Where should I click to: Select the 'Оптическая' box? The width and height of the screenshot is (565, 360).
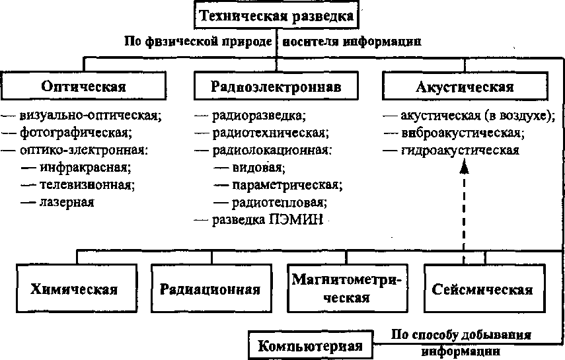(x=83, y=86)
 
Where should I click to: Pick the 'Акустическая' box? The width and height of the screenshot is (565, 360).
(x=465, y=86)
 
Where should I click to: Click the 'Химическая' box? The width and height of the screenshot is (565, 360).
(x=74, y=289)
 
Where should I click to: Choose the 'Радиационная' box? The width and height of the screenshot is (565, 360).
(x=211, y=289)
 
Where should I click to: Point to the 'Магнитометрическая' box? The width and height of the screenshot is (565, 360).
(x=347, y=289)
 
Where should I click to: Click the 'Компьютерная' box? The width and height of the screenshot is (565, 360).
(x=310, y=345)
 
